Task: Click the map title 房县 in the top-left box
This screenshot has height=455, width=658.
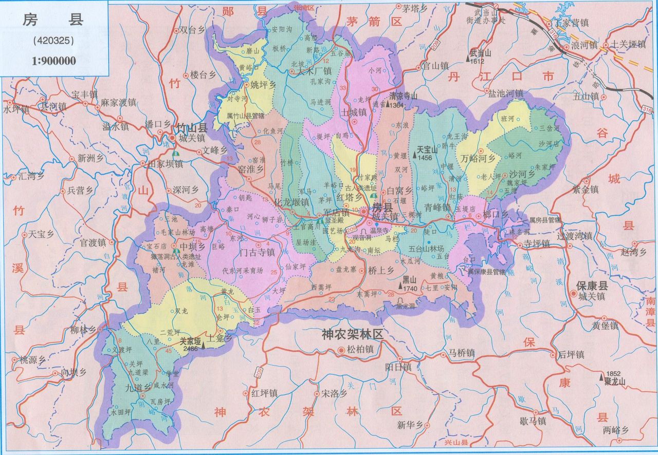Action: point(53,21)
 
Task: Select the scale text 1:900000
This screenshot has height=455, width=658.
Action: point(53,61)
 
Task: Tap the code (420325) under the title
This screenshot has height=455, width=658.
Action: point(53,40)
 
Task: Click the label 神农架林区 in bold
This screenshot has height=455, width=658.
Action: point(353,334)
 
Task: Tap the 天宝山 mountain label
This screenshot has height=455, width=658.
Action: point(426,150)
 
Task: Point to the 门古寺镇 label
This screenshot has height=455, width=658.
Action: point(257,252)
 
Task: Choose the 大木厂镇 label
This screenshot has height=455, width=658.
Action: point(314,71)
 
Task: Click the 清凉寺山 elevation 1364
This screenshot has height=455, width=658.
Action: point(397,105)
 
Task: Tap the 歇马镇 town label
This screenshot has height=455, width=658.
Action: point(533,421)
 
